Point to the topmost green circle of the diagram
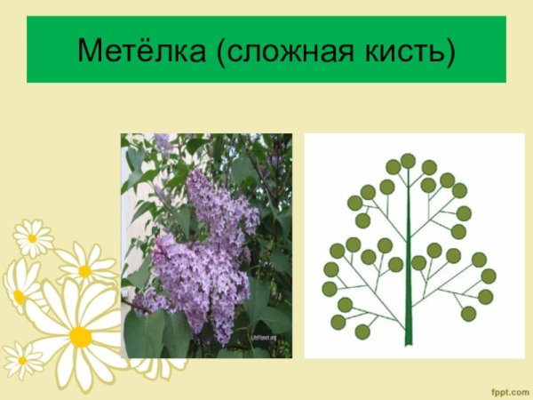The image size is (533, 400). [408, 160]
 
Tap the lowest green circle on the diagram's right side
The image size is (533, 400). [468, 313]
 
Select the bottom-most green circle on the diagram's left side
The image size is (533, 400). [362, 332]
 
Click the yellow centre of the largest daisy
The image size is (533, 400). [80, 336]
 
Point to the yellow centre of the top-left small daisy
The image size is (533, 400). [32, 238]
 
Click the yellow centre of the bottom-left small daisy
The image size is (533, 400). [22, 360]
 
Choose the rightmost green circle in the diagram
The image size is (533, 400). [488, 276]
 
